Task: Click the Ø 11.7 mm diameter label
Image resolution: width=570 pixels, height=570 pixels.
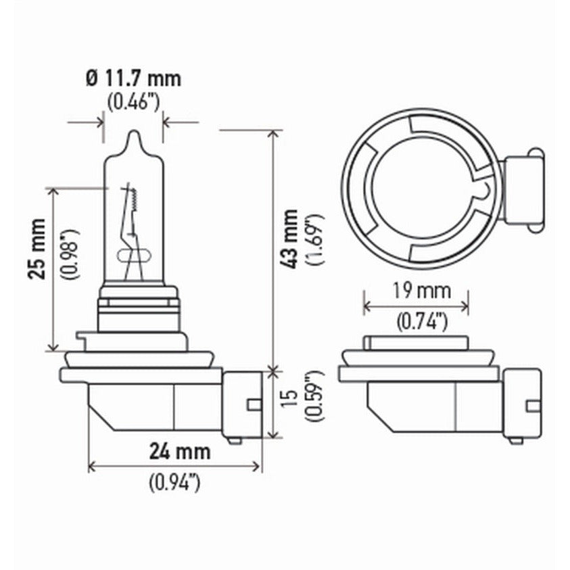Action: click(133, 78)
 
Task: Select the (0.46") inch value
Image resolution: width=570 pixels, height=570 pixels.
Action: click(133, 103)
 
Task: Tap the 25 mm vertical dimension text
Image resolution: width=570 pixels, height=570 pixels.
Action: click(38, 249)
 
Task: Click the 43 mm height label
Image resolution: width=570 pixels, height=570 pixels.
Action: click(290, 239)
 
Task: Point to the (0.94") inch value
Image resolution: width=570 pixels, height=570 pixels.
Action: click(174, 483)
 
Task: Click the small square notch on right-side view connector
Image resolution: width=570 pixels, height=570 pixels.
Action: click(533, 406)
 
